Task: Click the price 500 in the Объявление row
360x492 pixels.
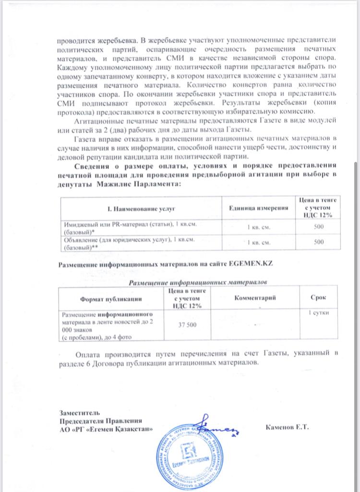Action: pyautogui.click(x=319, y=243)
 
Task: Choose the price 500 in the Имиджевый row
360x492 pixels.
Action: pyautogui.click(x=319, y=227)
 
